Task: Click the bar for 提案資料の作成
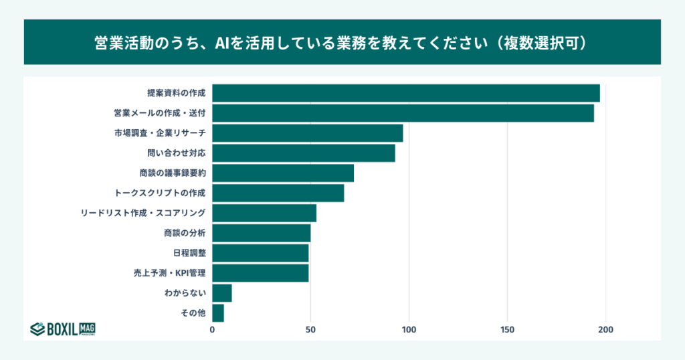click(406, 93)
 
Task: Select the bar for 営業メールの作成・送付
click(403, 113)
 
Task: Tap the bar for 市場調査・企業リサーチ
click(308, 133)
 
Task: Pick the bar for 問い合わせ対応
click(304, 153)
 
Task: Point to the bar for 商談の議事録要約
click(283, 173)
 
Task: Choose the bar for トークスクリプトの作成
click(278, 193)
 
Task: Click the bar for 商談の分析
click(262, 234)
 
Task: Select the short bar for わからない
click(222, 293)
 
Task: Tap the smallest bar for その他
click(218, 313)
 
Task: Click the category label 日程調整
click(189, 254)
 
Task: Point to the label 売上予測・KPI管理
click(169, 274)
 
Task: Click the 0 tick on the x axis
click(213, 330)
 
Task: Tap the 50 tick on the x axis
click(310, 330)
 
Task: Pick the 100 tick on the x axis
click(409, 330)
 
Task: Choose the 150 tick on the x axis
click(508, 330)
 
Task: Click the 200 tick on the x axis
click(606, 330)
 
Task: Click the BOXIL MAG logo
click(62, 328)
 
